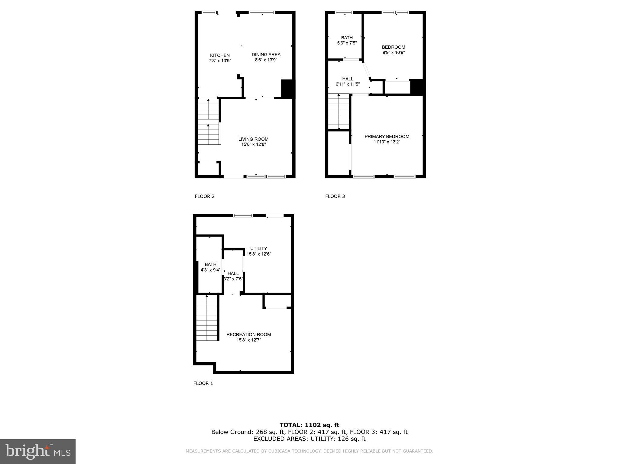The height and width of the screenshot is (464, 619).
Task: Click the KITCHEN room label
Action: [220, 55]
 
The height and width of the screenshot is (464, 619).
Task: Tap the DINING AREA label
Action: [266, 55]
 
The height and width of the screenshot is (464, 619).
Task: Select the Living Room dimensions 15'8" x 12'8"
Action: [253, 144]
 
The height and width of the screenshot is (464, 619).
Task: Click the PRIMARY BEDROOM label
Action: [387, 137]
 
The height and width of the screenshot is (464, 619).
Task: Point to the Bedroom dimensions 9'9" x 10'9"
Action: [393, 52]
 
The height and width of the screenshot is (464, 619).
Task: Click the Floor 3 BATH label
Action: [347, 38]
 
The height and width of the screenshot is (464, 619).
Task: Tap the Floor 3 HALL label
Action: [348, 79]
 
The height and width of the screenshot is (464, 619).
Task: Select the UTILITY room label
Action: [258, 249]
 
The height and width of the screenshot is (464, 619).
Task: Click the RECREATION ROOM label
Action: [248, 334]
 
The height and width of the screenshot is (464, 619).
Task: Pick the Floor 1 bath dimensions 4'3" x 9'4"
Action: [210, 270]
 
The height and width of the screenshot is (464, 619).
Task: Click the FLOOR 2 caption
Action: [205, 196]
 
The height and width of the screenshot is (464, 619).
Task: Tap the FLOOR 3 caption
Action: [335, 196]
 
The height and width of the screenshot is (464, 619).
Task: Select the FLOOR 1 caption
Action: [203, 383]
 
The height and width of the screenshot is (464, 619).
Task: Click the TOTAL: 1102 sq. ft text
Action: [309, 425]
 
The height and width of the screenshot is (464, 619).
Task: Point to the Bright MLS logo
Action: [38, 451]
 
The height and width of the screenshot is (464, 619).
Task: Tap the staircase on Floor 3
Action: [339, 112]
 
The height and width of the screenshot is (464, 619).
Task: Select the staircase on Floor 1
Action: [207, 318]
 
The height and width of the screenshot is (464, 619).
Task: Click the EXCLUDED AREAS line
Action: [309, 439]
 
